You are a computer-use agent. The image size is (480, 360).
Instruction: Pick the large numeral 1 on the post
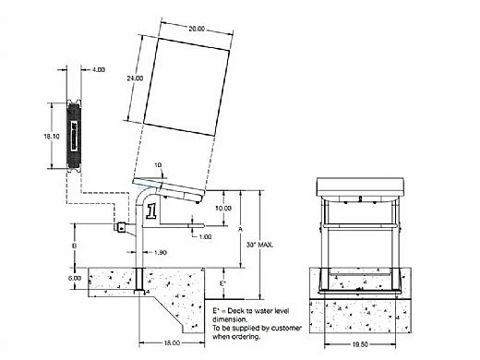pos(149,212)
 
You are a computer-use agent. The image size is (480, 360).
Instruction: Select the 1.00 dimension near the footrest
pos(205,236)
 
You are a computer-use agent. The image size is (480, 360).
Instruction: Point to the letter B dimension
pos(74,247)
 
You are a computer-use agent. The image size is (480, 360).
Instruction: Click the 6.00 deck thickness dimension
pos(74,278)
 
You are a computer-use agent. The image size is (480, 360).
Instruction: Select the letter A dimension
pos(242,228)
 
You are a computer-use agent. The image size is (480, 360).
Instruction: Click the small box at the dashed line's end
pos(119,227)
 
